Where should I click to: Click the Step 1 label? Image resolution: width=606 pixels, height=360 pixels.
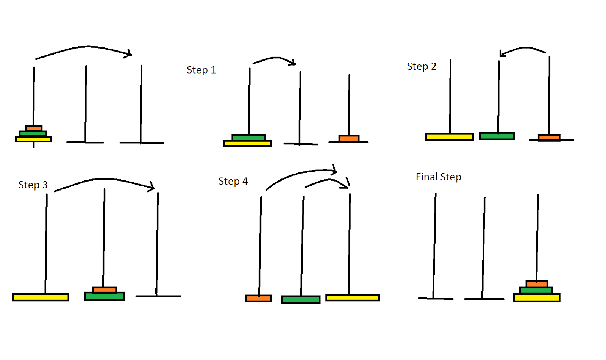tap(201, 70)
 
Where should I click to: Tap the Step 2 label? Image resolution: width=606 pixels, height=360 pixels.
tap(421, 67)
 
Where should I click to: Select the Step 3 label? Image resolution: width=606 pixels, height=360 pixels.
tap(33, 185)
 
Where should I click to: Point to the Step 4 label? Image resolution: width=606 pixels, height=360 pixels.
tap(233, 182)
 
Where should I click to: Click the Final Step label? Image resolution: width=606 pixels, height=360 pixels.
tap(438, 177)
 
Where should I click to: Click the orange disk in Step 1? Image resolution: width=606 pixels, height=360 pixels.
tap(349, 138)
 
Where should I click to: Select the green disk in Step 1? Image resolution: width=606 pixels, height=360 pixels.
tap(248, 137)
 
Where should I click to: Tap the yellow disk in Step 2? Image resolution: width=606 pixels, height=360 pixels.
tap(449, 137)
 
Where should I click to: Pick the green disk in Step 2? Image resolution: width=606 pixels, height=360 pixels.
tap(497, 136)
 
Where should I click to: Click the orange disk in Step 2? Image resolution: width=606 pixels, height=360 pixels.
tap(549, 138)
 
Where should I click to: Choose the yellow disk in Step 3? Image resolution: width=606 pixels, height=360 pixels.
tap(41, 297)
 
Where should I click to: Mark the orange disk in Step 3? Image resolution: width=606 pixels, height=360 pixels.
tap(105, 290)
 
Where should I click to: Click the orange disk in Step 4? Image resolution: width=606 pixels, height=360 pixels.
tap(258, 299)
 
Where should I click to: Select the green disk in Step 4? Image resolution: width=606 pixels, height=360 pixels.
tap(301, 300)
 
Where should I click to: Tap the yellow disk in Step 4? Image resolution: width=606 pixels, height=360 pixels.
tap(352, 298)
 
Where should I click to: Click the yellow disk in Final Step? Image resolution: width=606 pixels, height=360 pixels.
tap(537, 298)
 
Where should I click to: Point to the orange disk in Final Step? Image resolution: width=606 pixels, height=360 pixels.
tap(537, 284)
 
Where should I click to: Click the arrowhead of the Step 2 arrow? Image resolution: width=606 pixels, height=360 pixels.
tap(501, 53)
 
